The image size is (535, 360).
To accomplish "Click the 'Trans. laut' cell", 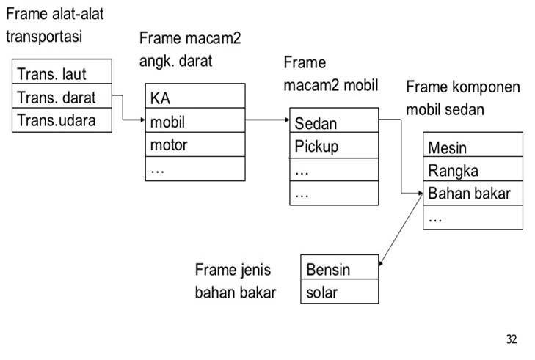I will (x=62, y=73).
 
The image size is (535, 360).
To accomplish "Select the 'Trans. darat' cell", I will (x=62, y=97).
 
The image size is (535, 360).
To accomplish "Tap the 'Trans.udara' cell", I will (x=62, y=120).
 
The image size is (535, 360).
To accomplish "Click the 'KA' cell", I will (x=195, y=97).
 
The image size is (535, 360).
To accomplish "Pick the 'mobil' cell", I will (x=195, y=120).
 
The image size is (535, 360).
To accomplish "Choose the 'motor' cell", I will (x=195, y=144).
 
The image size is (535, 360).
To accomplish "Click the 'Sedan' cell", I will (x=335, y=122).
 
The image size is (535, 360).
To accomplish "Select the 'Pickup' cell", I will (x=335, y=146).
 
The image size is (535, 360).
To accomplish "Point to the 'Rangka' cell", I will (x=473, y=170).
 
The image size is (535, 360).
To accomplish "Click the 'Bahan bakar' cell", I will (x=473, y=194).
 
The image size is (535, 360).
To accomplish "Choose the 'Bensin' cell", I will (x=340, y=268).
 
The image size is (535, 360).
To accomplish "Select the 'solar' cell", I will (x=340, y=292).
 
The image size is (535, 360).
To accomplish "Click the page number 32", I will (x=511, y=339).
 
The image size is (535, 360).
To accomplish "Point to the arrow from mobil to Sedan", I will (x=268, y=119).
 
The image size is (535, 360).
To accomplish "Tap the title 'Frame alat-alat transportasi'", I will (x=55, y=25).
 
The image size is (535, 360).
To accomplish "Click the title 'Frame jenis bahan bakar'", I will (x=236, y=281).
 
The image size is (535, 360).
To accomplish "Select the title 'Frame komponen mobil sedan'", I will (x=463, y=98).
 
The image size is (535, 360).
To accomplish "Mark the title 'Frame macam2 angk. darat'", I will (x=190, y=48).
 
